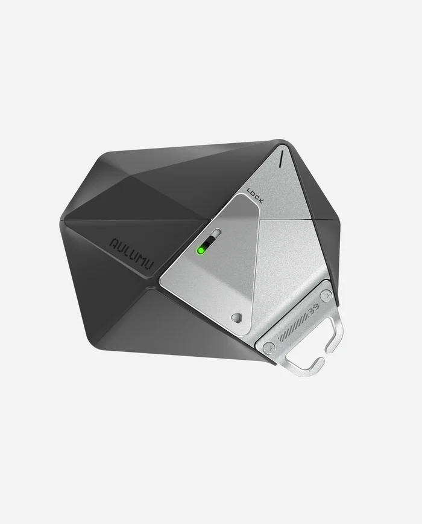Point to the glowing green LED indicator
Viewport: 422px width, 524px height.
click(201, 250)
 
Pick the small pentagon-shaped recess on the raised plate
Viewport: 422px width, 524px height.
click(235, 316)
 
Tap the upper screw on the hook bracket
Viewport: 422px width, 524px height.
click(326, 295)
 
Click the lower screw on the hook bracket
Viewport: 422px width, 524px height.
click(269, 347)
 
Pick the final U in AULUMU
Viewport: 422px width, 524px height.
click(150, 258)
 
